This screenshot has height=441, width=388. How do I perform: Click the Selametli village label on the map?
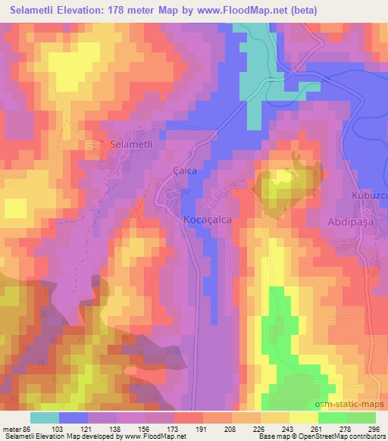pos(132,144)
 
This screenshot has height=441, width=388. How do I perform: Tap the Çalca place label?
pos(185,170)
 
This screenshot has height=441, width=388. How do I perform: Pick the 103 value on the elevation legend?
pos(56,428)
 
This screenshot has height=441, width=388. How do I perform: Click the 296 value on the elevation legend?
pos(373,428)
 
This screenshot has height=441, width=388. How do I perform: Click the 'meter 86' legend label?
pos(17,428)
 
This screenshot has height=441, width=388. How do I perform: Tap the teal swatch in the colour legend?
pos(45,418)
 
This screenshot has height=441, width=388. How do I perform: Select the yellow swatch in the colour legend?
pos(304,418)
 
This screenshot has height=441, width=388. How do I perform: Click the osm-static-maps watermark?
pos(349,406)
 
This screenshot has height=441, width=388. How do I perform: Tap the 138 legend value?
pos(115,428)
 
